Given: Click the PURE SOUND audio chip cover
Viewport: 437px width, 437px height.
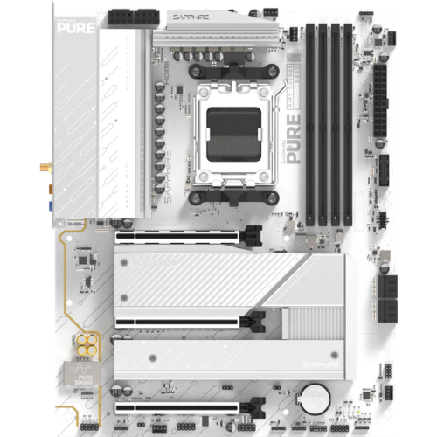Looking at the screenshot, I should click(84, 377).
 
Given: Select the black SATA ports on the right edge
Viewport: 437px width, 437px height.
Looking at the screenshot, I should click(387, 297).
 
